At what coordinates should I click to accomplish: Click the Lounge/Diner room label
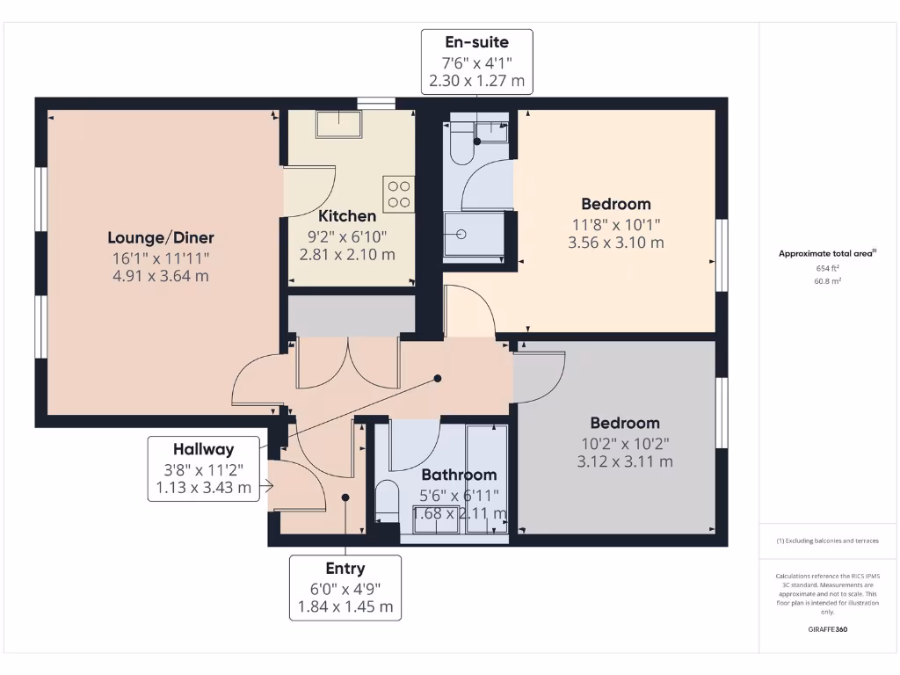[161, 237]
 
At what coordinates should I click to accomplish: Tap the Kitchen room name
[347, 216]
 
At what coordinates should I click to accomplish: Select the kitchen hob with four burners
[398, 193]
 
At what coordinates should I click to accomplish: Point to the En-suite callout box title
[476, 42]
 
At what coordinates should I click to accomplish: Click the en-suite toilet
[461, 146]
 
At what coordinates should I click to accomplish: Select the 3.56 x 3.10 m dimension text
[615, 243]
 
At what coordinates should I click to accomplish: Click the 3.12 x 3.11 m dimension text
[625, 461]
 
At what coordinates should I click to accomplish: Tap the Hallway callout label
[203, 449]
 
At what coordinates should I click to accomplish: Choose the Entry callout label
[345, 569]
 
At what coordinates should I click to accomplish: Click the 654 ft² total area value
[827, 268]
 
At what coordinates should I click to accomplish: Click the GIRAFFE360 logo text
[827, 629]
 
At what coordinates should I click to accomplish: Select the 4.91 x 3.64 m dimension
[161, 276]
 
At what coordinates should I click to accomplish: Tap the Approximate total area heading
[826, 253]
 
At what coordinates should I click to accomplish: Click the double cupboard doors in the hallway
[349, 362]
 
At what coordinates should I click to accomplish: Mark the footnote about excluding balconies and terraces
[827, 541]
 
